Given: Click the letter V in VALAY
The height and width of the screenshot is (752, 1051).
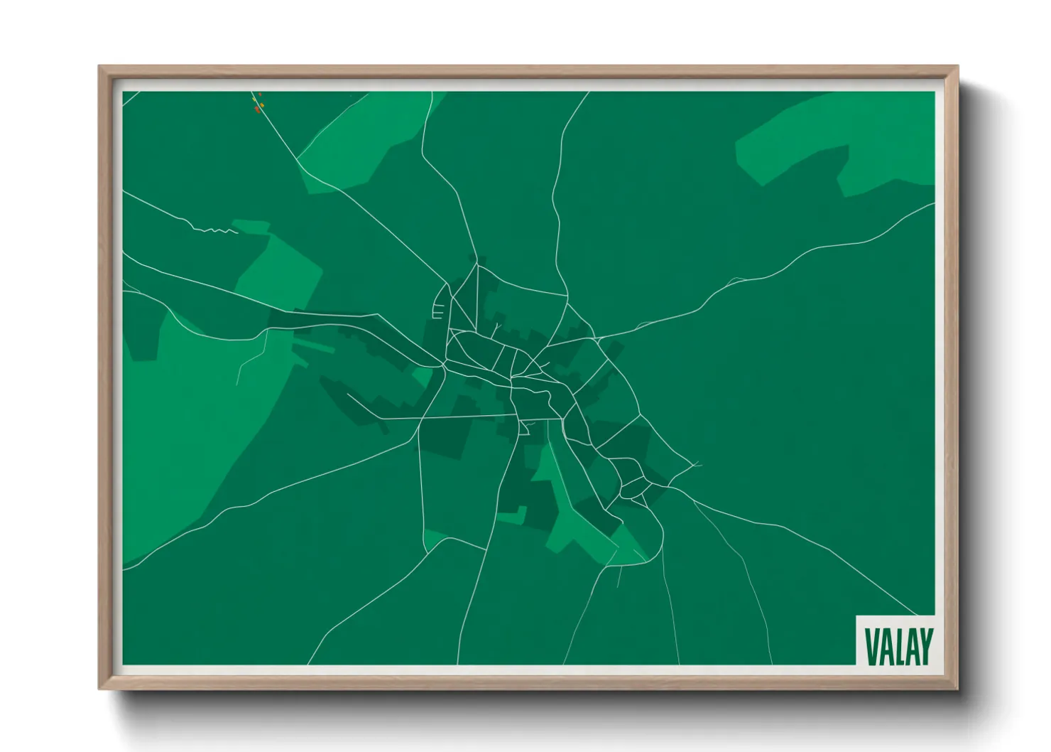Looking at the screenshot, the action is [x=870, y=646].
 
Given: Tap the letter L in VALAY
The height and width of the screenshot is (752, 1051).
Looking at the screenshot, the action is [x=898, y=646].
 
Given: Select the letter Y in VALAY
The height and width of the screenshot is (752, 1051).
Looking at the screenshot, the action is [x=925, y=646].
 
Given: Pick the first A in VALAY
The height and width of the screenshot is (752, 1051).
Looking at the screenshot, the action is [x=885, y=646].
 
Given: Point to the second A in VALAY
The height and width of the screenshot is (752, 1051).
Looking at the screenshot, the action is [x=911, y=646].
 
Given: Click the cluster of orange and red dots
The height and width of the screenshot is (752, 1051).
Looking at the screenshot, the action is [x=258, y=104].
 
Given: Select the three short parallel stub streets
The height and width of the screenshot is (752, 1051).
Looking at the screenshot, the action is [x=438, y=311].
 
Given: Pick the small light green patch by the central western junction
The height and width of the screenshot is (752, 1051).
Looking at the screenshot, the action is [x=423, y=376].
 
